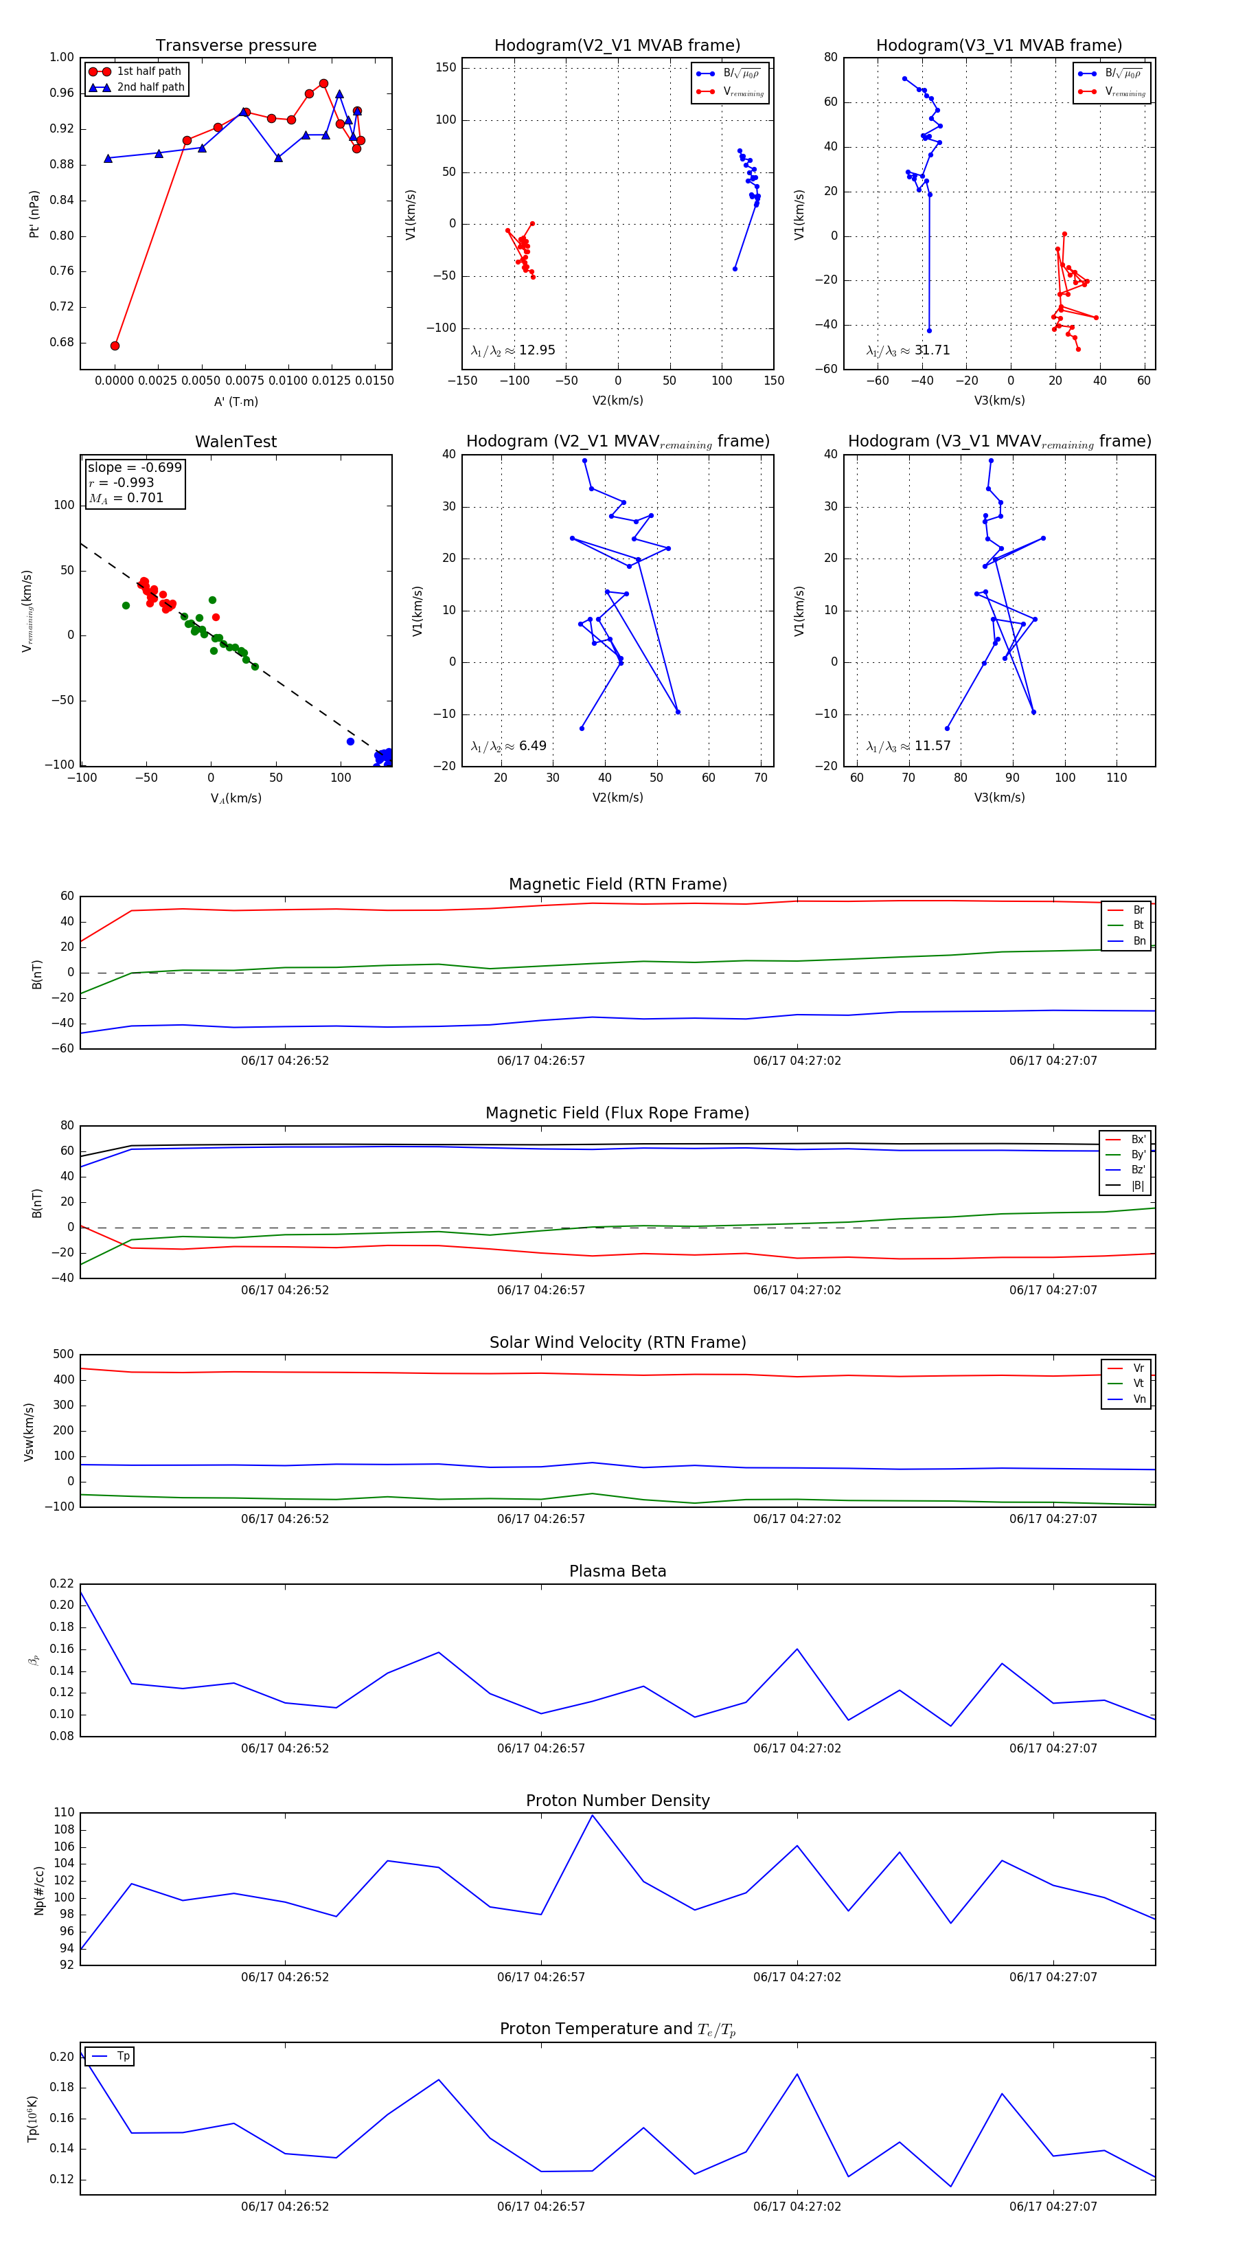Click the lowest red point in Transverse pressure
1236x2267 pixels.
115,346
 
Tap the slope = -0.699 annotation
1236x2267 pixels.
134,467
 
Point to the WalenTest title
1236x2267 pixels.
236,442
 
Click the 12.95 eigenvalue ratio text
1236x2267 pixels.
536,350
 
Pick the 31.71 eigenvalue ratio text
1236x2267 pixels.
932,350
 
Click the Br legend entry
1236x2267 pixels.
1138,910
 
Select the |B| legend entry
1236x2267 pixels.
1138,1186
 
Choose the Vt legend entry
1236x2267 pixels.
1138,1384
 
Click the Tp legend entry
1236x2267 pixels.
123,2056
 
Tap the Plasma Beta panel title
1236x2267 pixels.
617,1571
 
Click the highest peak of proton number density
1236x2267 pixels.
592,1816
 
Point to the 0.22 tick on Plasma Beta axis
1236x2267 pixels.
62,1583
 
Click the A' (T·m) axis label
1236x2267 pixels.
236,401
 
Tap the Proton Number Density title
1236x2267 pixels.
617,1801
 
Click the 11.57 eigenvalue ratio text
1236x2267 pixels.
932,746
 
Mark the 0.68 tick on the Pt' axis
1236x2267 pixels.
62,342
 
